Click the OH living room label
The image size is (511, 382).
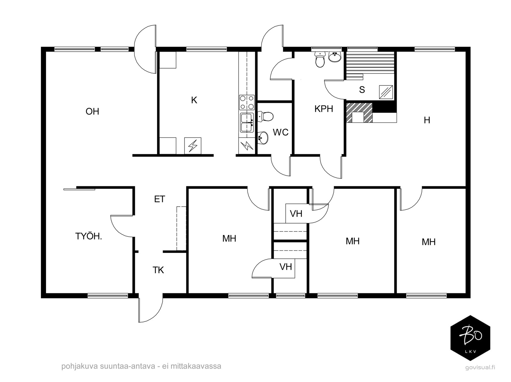coord(92,112)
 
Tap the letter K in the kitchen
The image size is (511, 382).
coord(194,100)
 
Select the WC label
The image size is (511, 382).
coord(280,132)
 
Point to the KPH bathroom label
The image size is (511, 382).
coord(324,109)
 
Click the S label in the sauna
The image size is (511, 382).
coord(362,90)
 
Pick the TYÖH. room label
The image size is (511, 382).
coord(88,236)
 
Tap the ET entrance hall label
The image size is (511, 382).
coord(159,199)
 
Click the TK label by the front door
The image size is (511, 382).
coord(158,270)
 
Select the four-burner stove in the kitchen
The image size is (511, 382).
coord(247,102)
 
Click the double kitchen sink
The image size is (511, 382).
coord(247,123)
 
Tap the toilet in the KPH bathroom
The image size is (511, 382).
coord(320,59)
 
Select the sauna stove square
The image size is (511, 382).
coord(386,92)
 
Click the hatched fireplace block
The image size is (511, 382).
coord(359,113)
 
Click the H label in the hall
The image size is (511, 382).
coord(427,120)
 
